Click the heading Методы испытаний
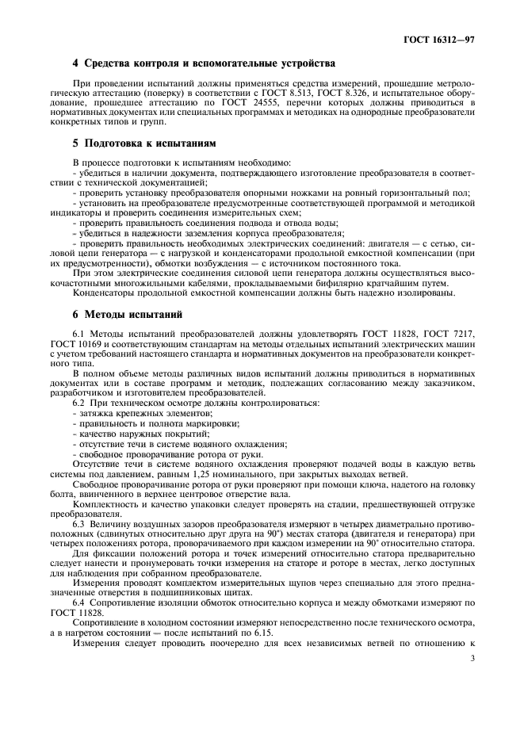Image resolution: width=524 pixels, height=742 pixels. click(128, 315)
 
